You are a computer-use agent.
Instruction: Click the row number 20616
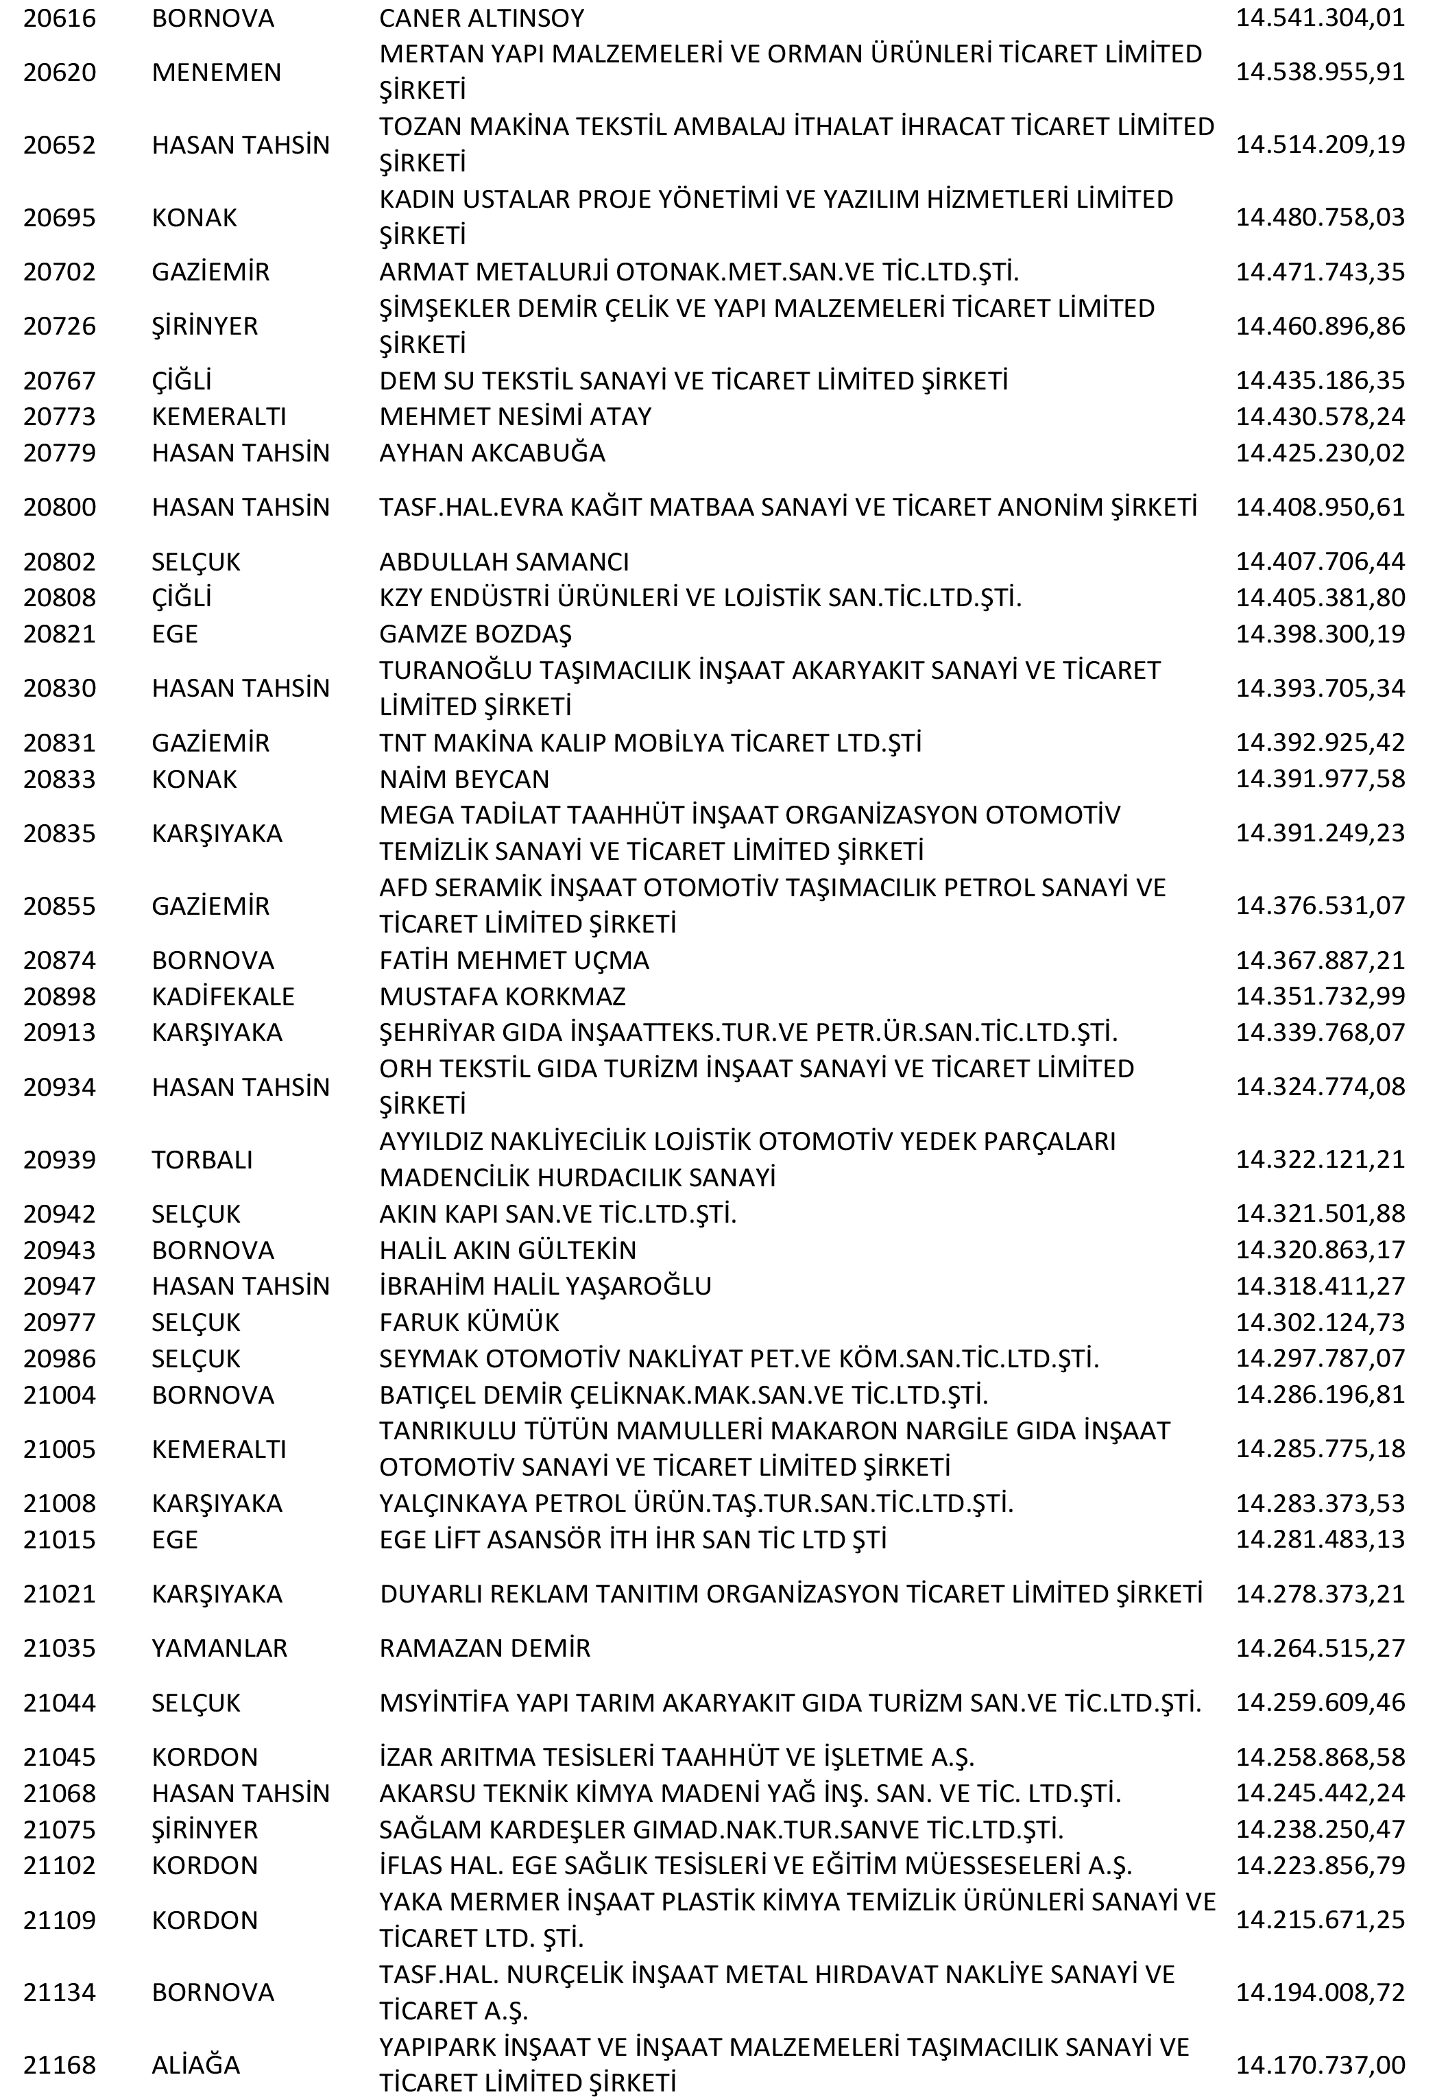[60, 18]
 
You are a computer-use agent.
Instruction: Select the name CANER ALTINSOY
[481, 18]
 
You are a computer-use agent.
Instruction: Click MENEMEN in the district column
[217, 72]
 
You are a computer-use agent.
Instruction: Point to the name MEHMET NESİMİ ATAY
[515, 416]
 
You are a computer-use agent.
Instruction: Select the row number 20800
[60, 507]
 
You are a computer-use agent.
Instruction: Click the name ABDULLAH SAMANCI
[504, 562]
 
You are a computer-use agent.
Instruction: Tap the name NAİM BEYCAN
[464, 778]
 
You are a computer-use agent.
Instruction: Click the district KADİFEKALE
[223, 996]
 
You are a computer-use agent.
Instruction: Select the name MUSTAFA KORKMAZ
[502, 996]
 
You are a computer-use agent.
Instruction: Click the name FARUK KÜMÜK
[469, 1322]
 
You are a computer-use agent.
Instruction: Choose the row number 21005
[60, 1449]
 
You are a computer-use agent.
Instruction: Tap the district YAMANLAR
[219, 1647]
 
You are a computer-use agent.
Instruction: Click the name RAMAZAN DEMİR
[485, 1647]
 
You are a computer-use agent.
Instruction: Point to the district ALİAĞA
[196, 2064]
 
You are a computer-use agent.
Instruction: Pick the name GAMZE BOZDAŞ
[475, 633]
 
